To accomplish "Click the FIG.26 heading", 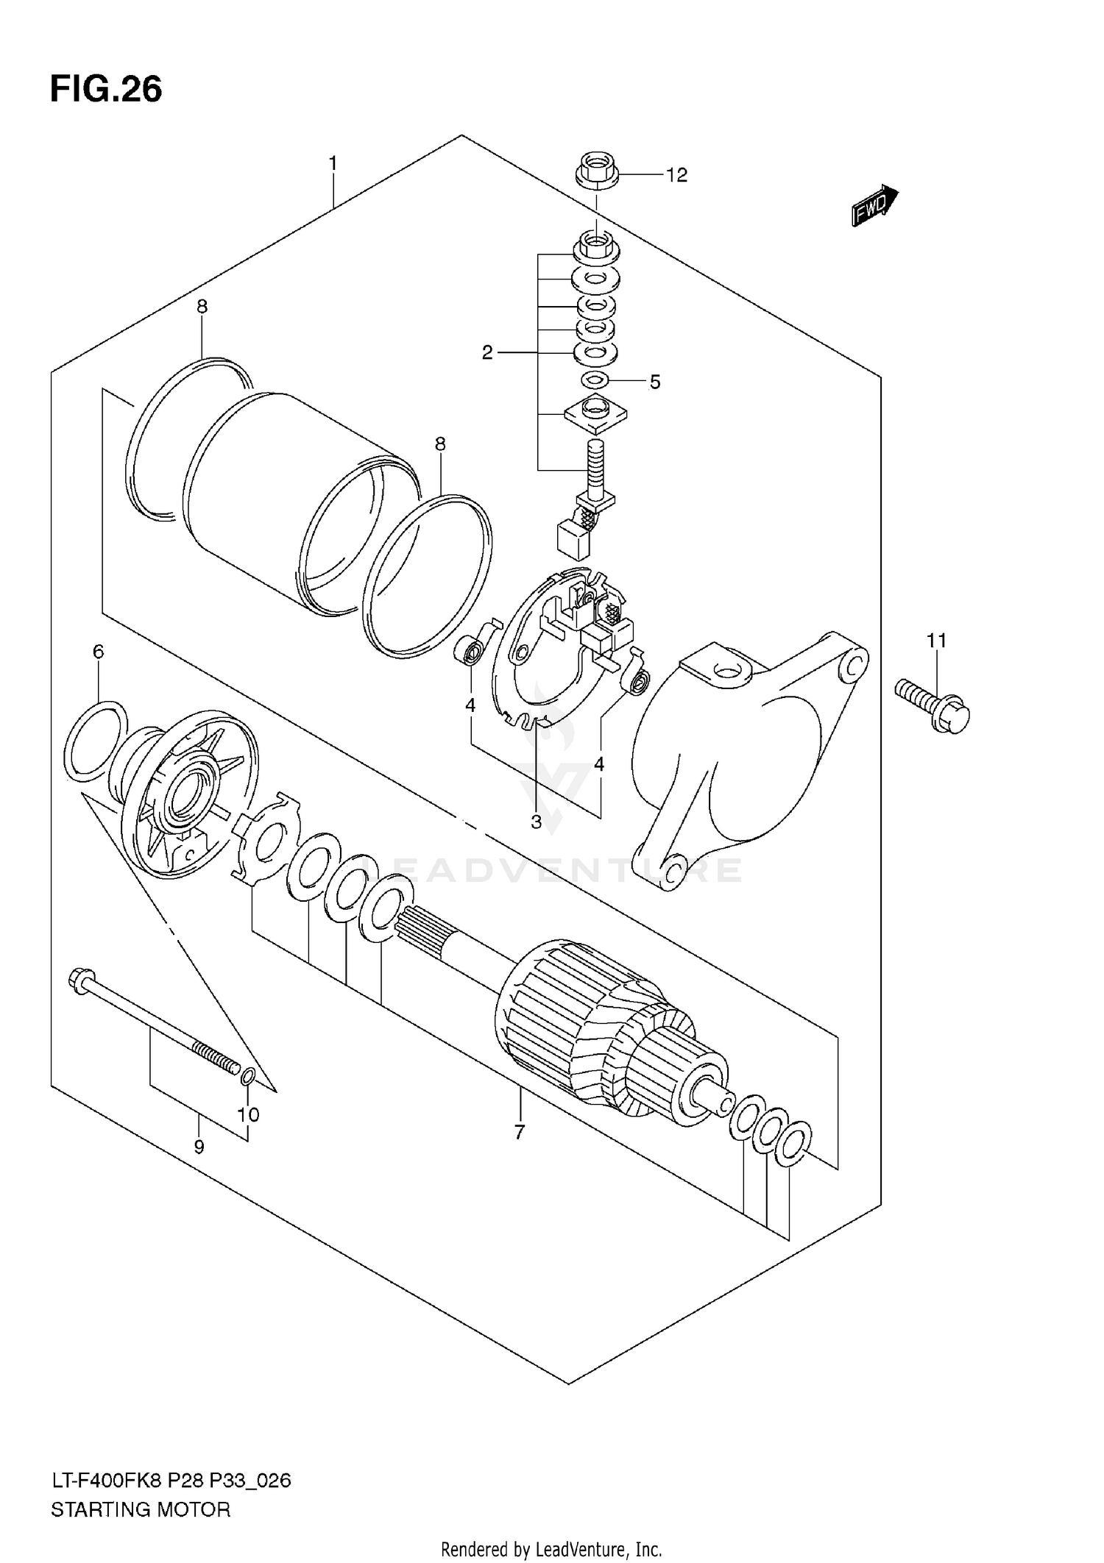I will click(x=106, y=90).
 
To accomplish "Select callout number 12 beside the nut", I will click(x=676, y=175).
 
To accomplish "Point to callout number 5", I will click(x=654, y=382).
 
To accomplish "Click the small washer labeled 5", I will click(x=595, y=380).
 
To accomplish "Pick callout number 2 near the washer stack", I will click(x=487, y=353).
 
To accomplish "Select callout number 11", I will click(x=935, y=641).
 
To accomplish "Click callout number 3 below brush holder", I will click(x=536, y=822).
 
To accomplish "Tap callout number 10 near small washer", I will click(x=248, y=1114).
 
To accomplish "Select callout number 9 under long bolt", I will click(x=199, y=1146).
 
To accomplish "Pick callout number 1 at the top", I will click(x=333, y=163).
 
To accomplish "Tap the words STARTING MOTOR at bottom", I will click(x=141, y=1510).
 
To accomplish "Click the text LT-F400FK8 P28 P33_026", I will click(x=171, y=1480).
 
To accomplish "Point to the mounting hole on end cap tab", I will click(x=726, y=670).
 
